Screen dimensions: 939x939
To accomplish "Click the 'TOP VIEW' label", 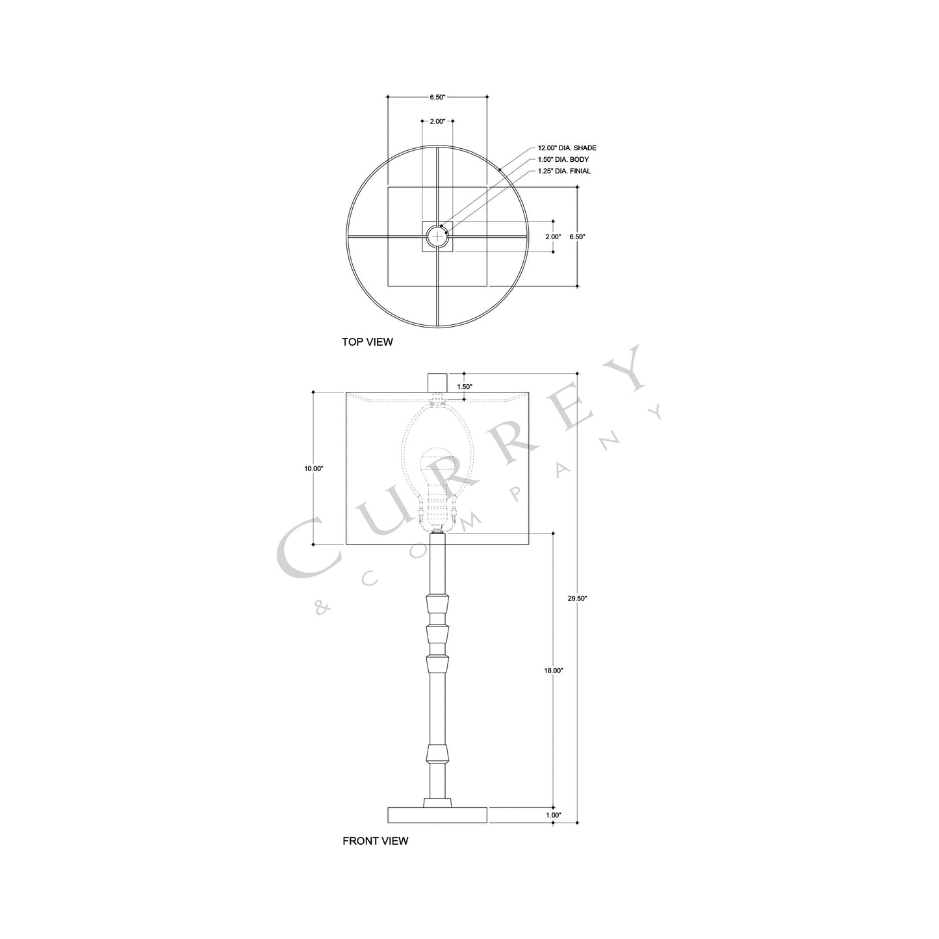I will pos(367,342).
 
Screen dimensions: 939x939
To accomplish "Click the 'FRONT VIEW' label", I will pos(375,841).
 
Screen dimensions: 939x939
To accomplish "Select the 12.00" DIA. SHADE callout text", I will pos(567,148).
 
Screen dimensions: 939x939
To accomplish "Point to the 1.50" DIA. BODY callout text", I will pos(563,159).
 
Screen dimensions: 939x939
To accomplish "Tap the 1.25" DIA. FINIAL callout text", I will pos(564,171).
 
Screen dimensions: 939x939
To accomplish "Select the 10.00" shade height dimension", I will pos(313,468).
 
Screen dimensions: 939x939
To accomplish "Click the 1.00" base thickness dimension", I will pos(553,815).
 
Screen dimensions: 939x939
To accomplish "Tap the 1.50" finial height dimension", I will pos(465,387).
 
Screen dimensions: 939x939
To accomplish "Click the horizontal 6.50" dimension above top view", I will pos(437,97).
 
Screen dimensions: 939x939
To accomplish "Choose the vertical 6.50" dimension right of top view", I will pos(577,237).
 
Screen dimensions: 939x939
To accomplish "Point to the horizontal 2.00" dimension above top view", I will pos(437,121).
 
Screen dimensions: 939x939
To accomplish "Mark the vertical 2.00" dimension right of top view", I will pos(553,237).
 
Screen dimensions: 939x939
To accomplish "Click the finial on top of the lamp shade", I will pos(437,381).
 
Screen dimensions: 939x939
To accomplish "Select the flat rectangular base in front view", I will pos(437,815).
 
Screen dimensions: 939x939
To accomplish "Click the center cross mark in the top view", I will pos(437,237).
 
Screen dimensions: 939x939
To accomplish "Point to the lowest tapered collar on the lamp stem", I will pos(437,753).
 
